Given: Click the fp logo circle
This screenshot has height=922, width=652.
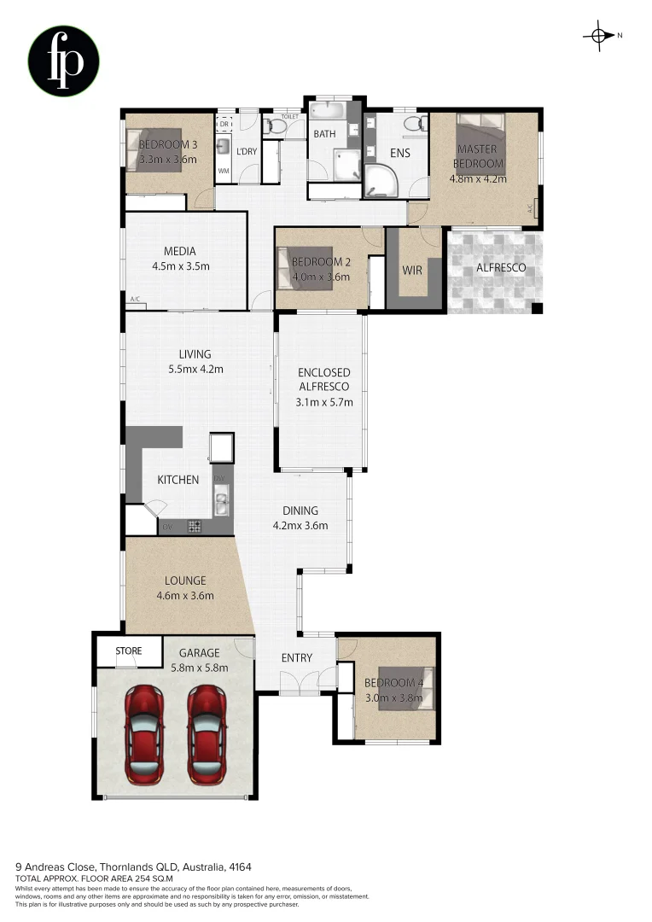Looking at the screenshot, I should pos(64,61).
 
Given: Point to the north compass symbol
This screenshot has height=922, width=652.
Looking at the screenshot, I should pos(599,35).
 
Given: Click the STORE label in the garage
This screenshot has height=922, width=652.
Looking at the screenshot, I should pos(129,651).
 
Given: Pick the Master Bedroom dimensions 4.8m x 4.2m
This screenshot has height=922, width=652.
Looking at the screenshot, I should pos(478,179).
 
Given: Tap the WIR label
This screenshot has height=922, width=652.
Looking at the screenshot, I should pos(413,270).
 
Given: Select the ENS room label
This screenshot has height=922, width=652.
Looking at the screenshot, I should pos(399,154).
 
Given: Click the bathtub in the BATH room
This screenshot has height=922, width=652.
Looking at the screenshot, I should pos(325,112).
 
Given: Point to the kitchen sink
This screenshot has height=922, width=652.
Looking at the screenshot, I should pos(221,504).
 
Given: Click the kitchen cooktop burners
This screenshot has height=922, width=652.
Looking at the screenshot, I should pos(195,527).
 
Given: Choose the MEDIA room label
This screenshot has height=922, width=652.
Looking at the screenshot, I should pos(180,251).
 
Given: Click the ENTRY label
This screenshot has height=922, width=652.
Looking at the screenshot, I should pos(296,658).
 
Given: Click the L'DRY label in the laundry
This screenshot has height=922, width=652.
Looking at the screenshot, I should pos(246,152).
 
